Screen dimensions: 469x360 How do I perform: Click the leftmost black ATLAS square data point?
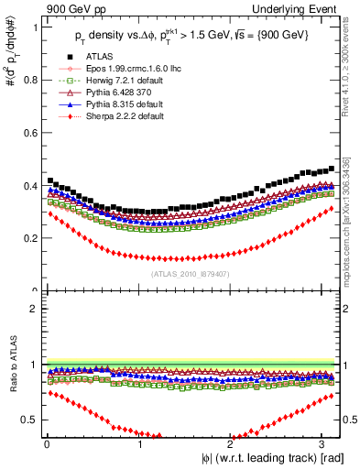pos(49,180)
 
